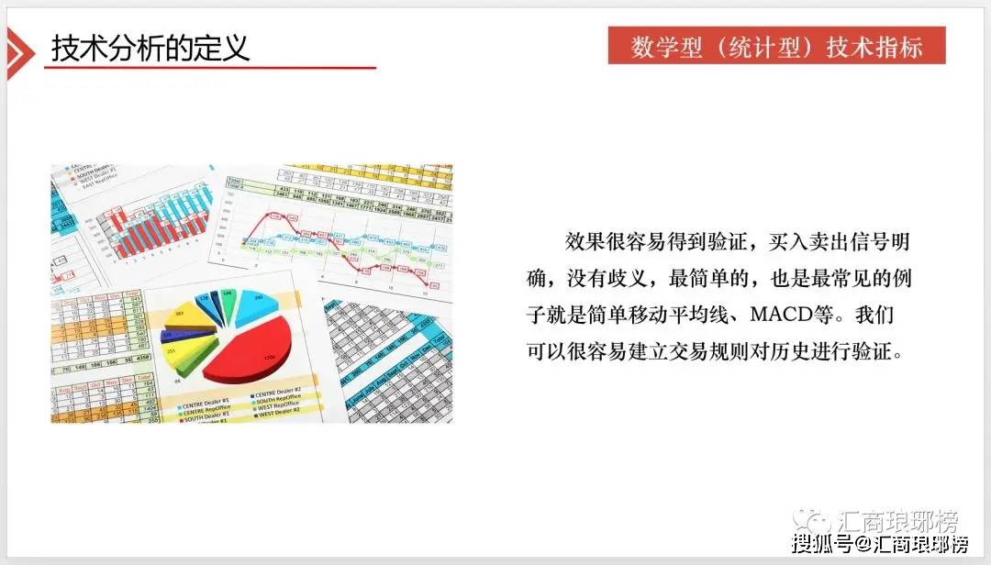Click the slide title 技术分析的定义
pyautogui.click(x=150, y=49)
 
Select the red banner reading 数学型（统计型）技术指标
pyautogui.click(x=776, y=47)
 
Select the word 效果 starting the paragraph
pyautogui.click(x=585, y=241)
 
